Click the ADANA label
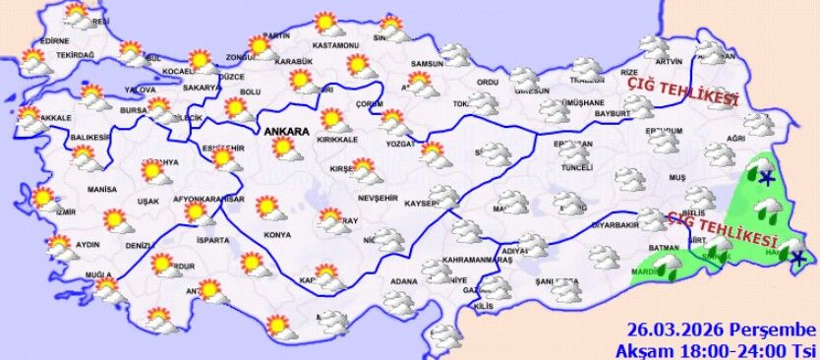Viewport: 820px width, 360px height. click(x=403, y=282)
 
